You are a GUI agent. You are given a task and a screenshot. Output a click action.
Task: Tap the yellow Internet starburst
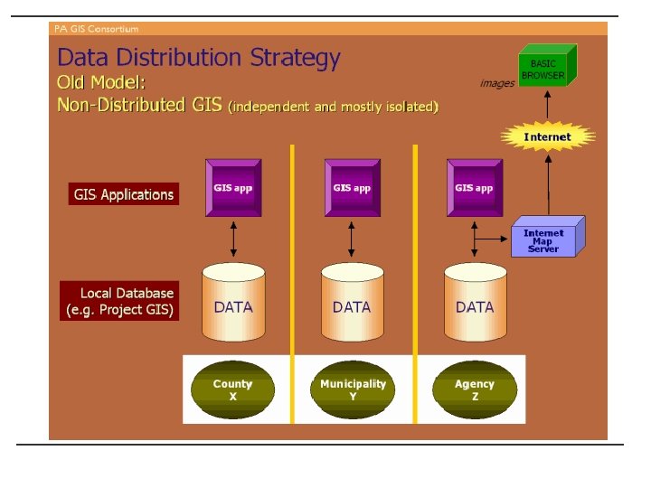[x=548, y=137]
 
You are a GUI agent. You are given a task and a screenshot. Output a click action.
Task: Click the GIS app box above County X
[x=233, y=189]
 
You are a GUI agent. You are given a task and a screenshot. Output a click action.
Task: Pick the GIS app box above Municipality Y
[x=353, y=189]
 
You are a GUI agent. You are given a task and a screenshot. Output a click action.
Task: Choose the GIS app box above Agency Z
[x=474, y=189]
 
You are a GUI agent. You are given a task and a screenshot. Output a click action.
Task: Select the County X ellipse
[x=232, y=389]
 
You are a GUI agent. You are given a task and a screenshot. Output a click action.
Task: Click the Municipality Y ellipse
[x=353, y=389]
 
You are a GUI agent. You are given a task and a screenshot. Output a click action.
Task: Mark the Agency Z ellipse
[x=475, y=389]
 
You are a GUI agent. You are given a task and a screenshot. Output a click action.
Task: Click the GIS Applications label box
[x=124, y=194]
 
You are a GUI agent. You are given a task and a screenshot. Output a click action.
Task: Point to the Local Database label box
[x=120, y=301]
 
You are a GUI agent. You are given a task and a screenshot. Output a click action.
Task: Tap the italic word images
[x=497, y=83]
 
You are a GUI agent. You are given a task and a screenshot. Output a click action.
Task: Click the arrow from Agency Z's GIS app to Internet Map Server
[x=492, y=238]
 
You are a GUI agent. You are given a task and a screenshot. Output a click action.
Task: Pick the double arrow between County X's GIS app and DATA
[x=234, y=239]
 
